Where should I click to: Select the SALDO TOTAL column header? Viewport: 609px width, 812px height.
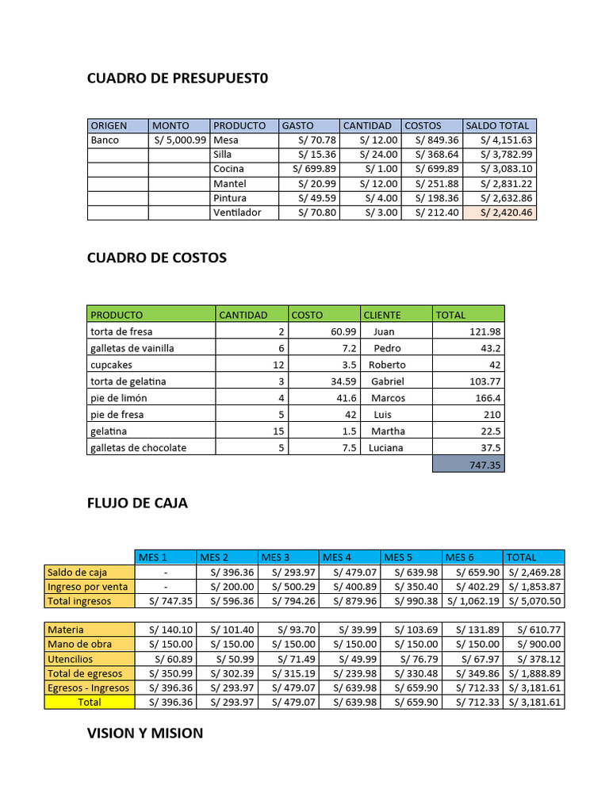[497, 125]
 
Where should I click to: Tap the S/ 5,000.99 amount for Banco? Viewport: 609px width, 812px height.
[179, 140]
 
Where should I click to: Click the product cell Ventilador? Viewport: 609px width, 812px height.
[237, 213]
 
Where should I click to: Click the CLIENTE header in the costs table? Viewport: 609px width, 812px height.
[382, 315]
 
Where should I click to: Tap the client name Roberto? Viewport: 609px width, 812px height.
[386, 365]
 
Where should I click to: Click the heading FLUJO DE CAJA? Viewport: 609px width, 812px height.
[137, 503]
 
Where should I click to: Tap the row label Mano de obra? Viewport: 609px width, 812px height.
[80, 644]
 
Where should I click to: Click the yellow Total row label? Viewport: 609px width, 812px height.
[90, 702]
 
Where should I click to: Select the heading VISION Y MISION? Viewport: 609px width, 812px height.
[145, 733]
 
